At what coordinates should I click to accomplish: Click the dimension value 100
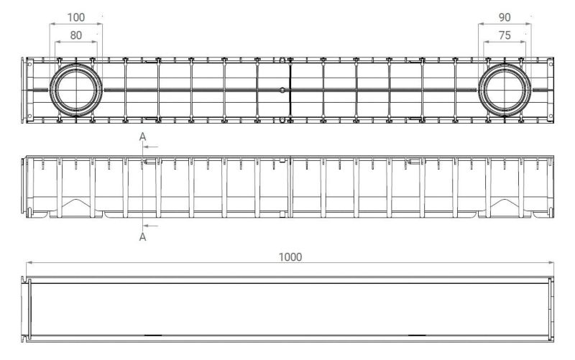[76, 17]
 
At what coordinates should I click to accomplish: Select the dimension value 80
[76, 35]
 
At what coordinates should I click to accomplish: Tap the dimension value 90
[505, 17]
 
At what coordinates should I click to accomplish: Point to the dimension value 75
[505, 35]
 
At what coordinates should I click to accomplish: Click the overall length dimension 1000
[290, 257]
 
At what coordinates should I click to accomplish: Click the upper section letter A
[142, 137]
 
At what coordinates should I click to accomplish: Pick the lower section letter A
[142, 237]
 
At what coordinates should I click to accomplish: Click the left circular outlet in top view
[76, 64]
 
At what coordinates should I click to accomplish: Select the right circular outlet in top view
[505, 64]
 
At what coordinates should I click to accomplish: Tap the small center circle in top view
[282, 90]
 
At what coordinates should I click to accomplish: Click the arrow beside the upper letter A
[150, 147]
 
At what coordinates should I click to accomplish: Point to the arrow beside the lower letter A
[150, 226]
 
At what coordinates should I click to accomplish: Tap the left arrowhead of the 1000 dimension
[29, 262]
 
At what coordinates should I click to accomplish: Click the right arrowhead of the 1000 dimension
[551, 262]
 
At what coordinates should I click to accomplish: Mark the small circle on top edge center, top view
[282, 60]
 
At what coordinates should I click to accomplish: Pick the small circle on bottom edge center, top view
[282, 120]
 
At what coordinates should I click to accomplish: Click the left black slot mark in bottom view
[153, 335]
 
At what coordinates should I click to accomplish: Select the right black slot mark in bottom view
[417, 335]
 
